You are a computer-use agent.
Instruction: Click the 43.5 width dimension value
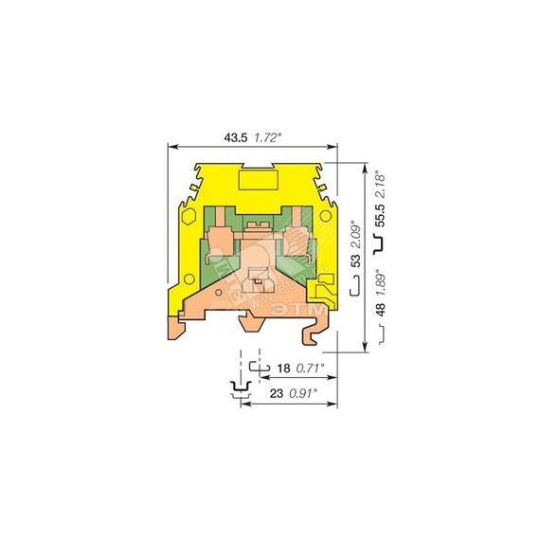236,137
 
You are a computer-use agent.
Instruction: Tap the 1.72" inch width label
268,138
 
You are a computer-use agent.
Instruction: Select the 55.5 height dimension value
380,215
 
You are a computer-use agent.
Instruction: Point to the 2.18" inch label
380,184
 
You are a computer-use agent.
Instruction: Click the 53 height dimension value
356,261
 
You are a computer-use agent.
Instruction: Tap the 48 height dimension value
380,309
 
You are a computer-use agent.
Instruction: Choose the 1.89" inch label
380,282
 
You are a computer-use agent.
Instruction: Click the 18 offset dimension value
284,369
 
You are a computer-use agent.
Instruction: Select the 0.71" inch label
311,369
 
